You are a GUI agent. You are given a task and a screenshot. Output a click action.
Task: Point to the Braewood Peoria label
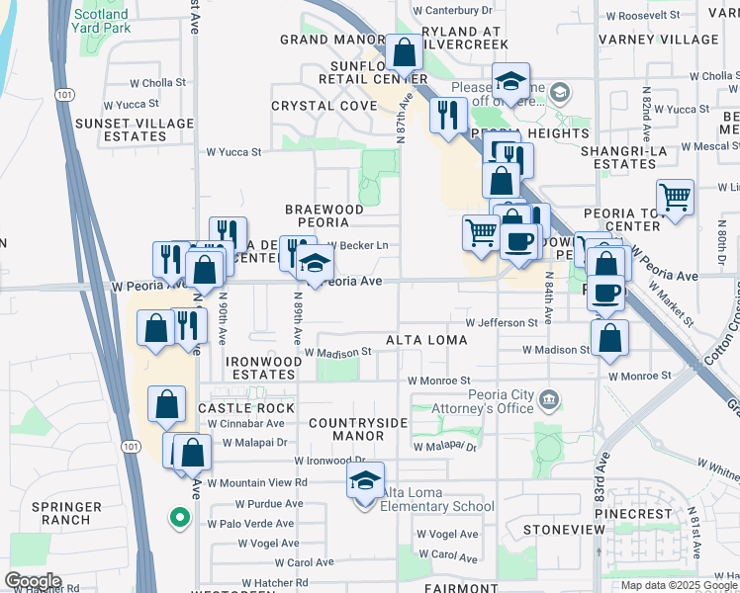(324, 216)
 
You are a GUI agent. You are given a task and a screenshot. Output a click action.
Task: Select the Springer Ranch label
(66, 512)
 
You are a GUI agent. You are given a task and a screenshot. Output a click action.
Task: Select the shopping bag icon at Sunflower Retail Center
(404, 51)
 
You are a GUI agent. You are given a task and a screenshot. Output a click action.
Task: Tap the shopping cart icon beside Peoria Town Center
(675, 196)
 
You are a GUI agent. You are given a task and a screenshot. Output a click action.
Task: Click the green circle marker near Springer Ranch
(179, 517)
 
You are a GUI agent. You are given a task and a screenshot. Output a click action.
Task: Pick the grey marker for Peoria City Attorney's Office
(549, 400)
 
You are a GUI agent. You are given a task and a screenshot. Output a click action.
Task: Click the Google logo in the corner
(34, 581)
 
